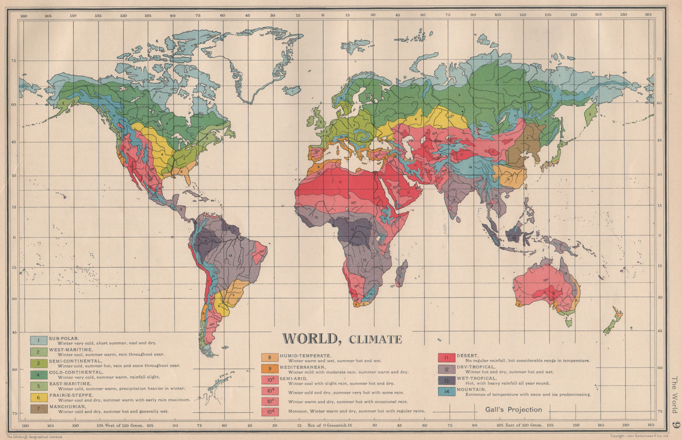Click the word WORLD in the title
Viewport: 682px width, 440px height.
pyautogui.click(x=310, y=339)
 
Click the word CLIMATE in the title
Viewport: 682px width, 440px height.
pyautogui.click(x=375, y=340)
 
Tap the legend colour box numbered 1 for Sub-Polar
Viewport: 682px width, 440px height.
pyautogui.click(x=38, y=340)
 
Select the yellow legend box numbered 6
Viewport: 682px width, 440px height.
pyautogui.click(x=38, y=397)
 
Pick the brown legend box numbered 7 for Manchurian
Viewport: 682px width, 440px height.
pyautogui.click(x=38, y=409)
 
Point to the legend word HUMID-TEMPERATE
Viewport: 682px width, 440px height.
pyautogui.click(x=305, y=356)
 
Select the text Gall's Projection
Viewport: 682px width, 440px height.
pyautogui.click(x=513, y=410)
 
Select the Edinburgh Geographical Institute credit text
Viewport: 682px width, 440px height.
pyautogui.click(x=32, y=436)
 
